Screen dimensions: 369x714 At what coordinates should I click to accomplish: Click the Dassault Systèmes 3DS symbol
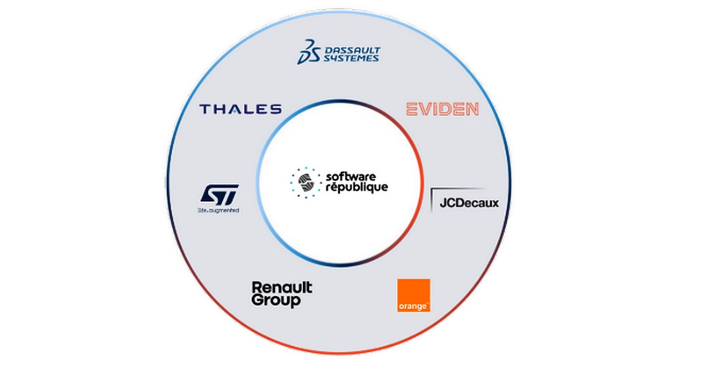307,52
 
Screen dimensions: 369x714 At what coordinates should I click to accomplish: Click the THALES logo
240,109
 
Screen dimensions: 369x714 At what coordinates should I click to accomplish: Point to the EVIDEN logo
442,109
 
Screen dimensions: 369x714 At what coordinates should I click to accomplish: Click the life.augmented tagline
217,210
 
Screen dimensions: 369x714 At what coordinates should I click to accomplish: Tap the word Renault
282,288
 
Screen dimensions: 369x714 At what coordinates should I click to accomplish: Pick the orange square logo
413,295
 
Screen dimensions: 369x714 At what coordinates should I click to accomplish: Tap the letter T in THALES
204,109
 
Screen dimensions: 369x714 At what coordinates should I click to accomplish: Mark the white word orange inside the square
413,306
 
